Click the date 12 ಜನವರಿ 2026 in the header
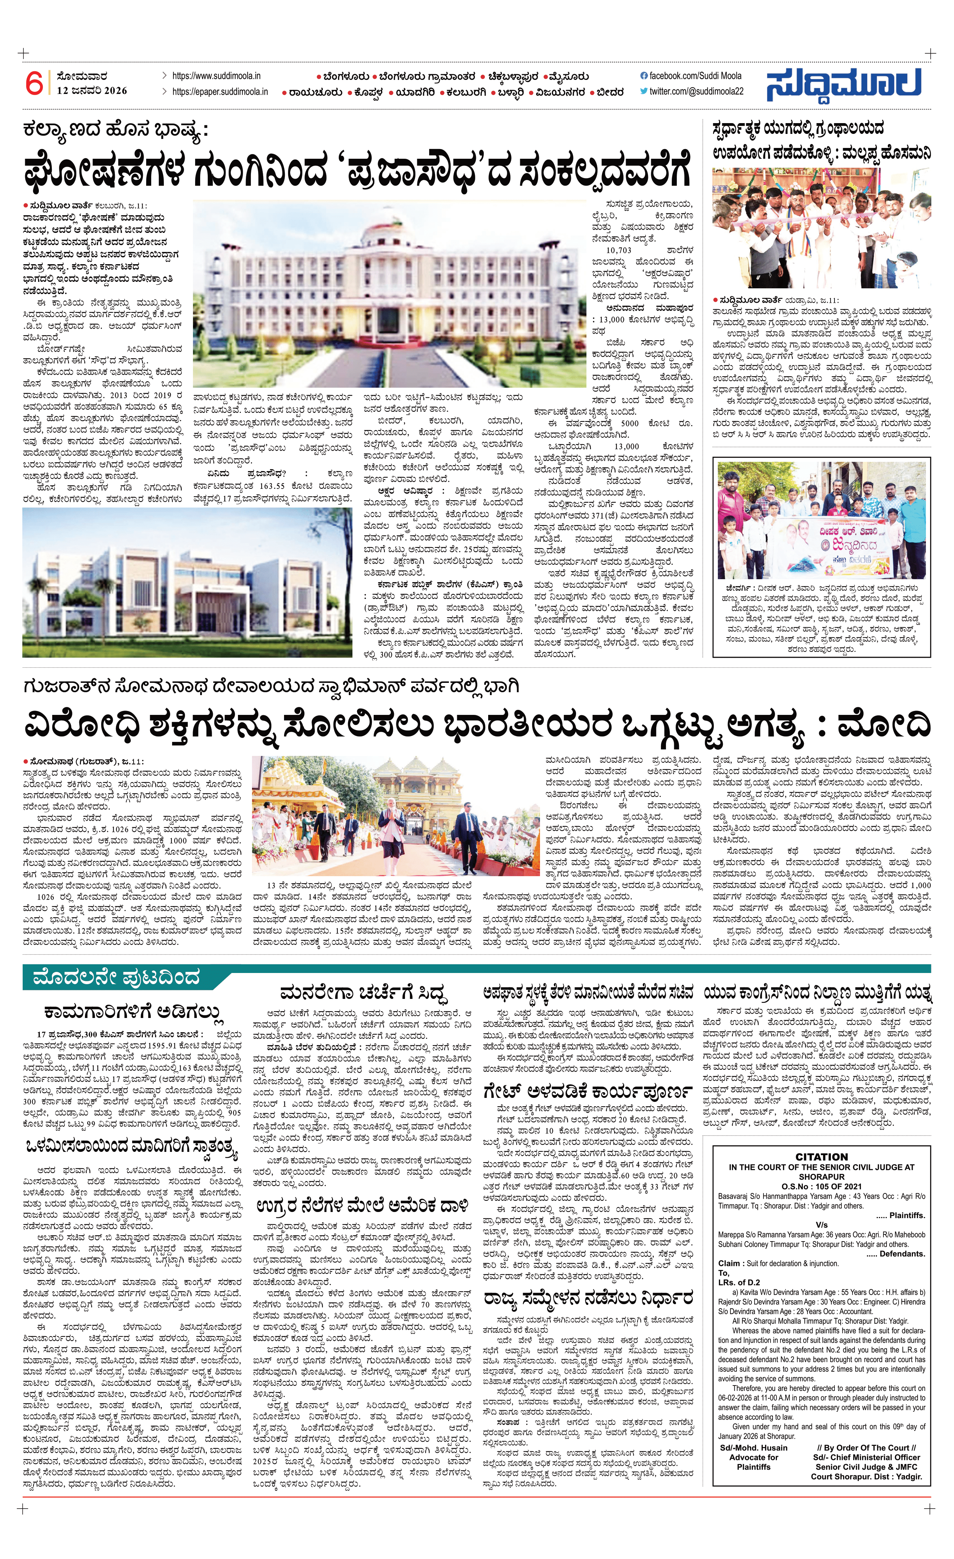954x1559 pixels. pos(92,90)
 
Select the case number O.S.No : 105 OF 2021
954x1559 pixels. pos(821,1186)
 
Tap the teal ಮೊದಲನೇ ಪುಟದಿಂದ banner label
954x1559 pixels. pos(116,978)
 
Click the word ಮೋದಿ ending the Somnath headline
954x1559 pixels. pos(884,725)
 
